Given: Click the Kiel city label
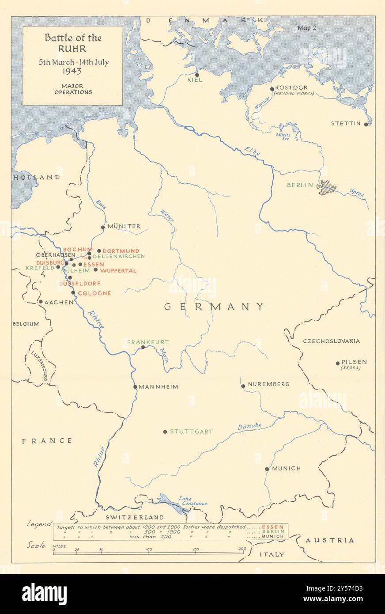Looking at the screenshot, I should click(195, 80).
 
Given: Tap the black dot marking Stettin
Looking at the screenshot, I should click(366, 124).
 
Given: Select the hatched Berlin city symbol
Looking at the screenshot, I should click(326, 187).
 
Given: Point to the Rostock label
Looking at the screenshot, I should click(291, 87).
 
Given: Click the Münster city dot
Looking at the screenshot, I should click(103, 227).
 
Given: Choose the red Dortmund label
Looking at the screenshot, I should click(121, 251).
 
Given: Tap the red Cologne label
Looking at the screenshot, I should click(94, 293).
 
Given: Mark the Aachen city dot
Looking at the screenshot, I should click(41, 302).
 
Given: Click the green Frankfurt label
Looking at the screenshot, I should click(148, 342).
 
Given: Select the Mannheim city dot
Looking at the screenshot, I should click(135, 387).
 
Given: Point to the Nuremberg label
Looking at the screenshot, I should click(269, 384).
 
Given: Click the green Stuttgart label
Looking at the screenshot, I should click(191, 432).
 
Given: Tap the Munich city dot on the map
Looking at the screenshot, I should click(267, 469).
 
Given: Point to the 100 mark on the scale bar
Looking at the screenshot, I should click(149, 550).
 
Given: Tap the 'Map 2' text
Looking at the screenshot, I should click(307, 28).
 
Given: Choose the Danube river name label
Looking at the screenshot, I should click(249, 427).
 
